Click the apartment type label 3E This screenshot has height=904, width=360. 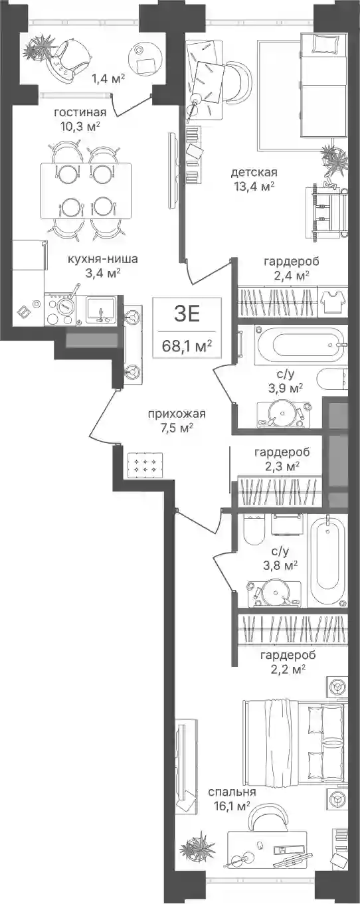(187, 314)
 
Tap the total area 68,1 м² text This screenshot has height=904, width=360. (187, 345)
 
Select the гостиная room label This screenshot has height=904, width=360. (80, 112)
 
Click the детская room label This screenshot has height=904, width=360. (254, 172)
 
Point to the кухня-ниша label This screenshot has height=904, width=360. (102, 258)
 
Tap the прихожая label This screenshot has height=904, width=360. (177, 414)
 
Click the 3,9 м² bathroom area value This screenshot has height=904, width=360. (286, 389)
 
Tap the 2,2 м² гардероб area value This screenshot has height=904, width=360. (288, 669)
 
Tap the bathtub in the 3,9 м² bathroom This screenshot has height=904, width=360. (308, 346)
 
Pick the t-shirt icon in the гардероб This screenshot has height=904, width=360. (333, 300)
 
